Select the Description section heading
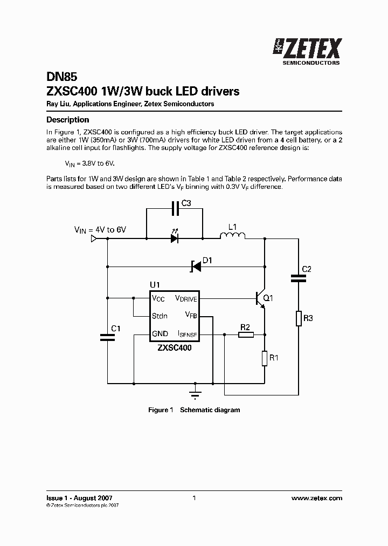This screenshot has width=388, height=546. click(x=67, y=120)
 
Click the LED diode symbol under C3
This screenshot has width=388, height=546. click(x=174, y=237)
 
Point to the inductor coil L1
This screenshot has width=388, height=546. click(x=232, y=236)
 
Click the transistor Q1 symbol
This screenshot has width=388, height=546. click(x=261, y=299)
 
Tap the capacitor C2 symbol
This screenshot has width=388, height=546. click(x=298, y=278)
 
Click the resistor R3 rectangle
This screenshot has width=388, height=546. click(x=298, y=318)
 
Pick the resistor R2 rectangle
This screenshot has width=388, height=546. click(x=246, y=335)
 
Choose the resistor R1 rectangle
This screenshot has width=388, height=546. click(x=264, y=358)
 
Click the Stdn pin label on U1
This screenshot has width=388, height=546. click(x=159, y=316)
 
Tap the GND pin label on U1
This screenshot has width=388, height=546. click(x=160, y=334)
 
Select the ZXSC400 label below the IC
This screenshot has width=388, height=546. click(x=174, y=348)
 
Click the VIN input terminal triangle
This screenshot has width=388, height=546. click(x=93, y=238)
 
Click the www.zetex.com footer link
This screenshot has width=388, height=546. click(x=316, y=498)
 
